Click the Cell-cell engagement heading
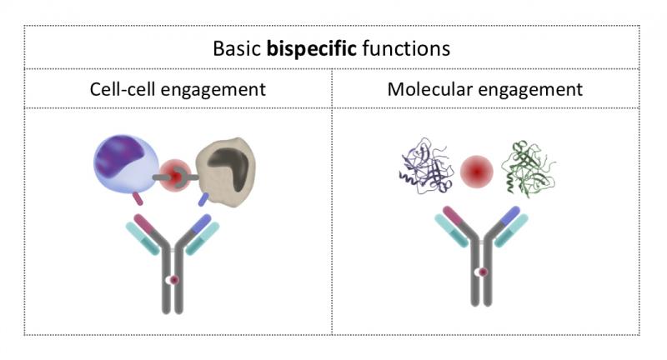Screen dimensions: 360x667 click(x=178, y=89)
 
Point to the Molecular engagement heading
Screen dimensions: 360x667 click(x=484, y=89)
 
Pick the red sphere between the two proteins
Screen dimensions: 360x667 click(x=477, y=172)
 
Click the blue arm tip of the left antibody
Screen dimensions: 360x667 click(x=203, y=223)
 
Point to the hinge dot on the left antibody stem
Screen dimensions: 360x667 click(x=173, y=280)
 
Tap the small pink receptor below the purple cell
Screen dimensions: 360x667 click(x=138, y=199)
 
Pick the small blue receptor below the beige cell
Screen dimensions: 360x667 click(x=204, y=199)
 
